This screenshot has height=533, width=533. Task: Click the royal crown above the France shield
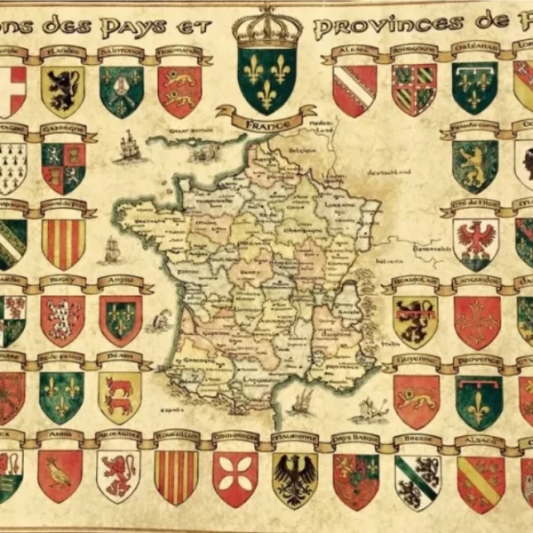coord(266,26)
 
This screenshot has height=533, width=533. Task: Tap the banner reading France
coord(266,116)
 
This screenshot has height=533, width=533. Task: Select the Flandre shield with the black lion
coord(62,90)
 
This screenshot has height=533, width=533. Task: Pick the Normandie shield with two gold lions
coord(179,90)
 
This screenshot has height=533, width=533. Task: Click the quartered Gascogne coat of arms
coord(63,167)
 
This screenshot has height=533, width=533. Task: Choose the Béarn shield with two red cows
coord(120,395)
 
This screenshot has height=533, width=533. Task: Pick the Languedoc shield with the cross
coord(477,320)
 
